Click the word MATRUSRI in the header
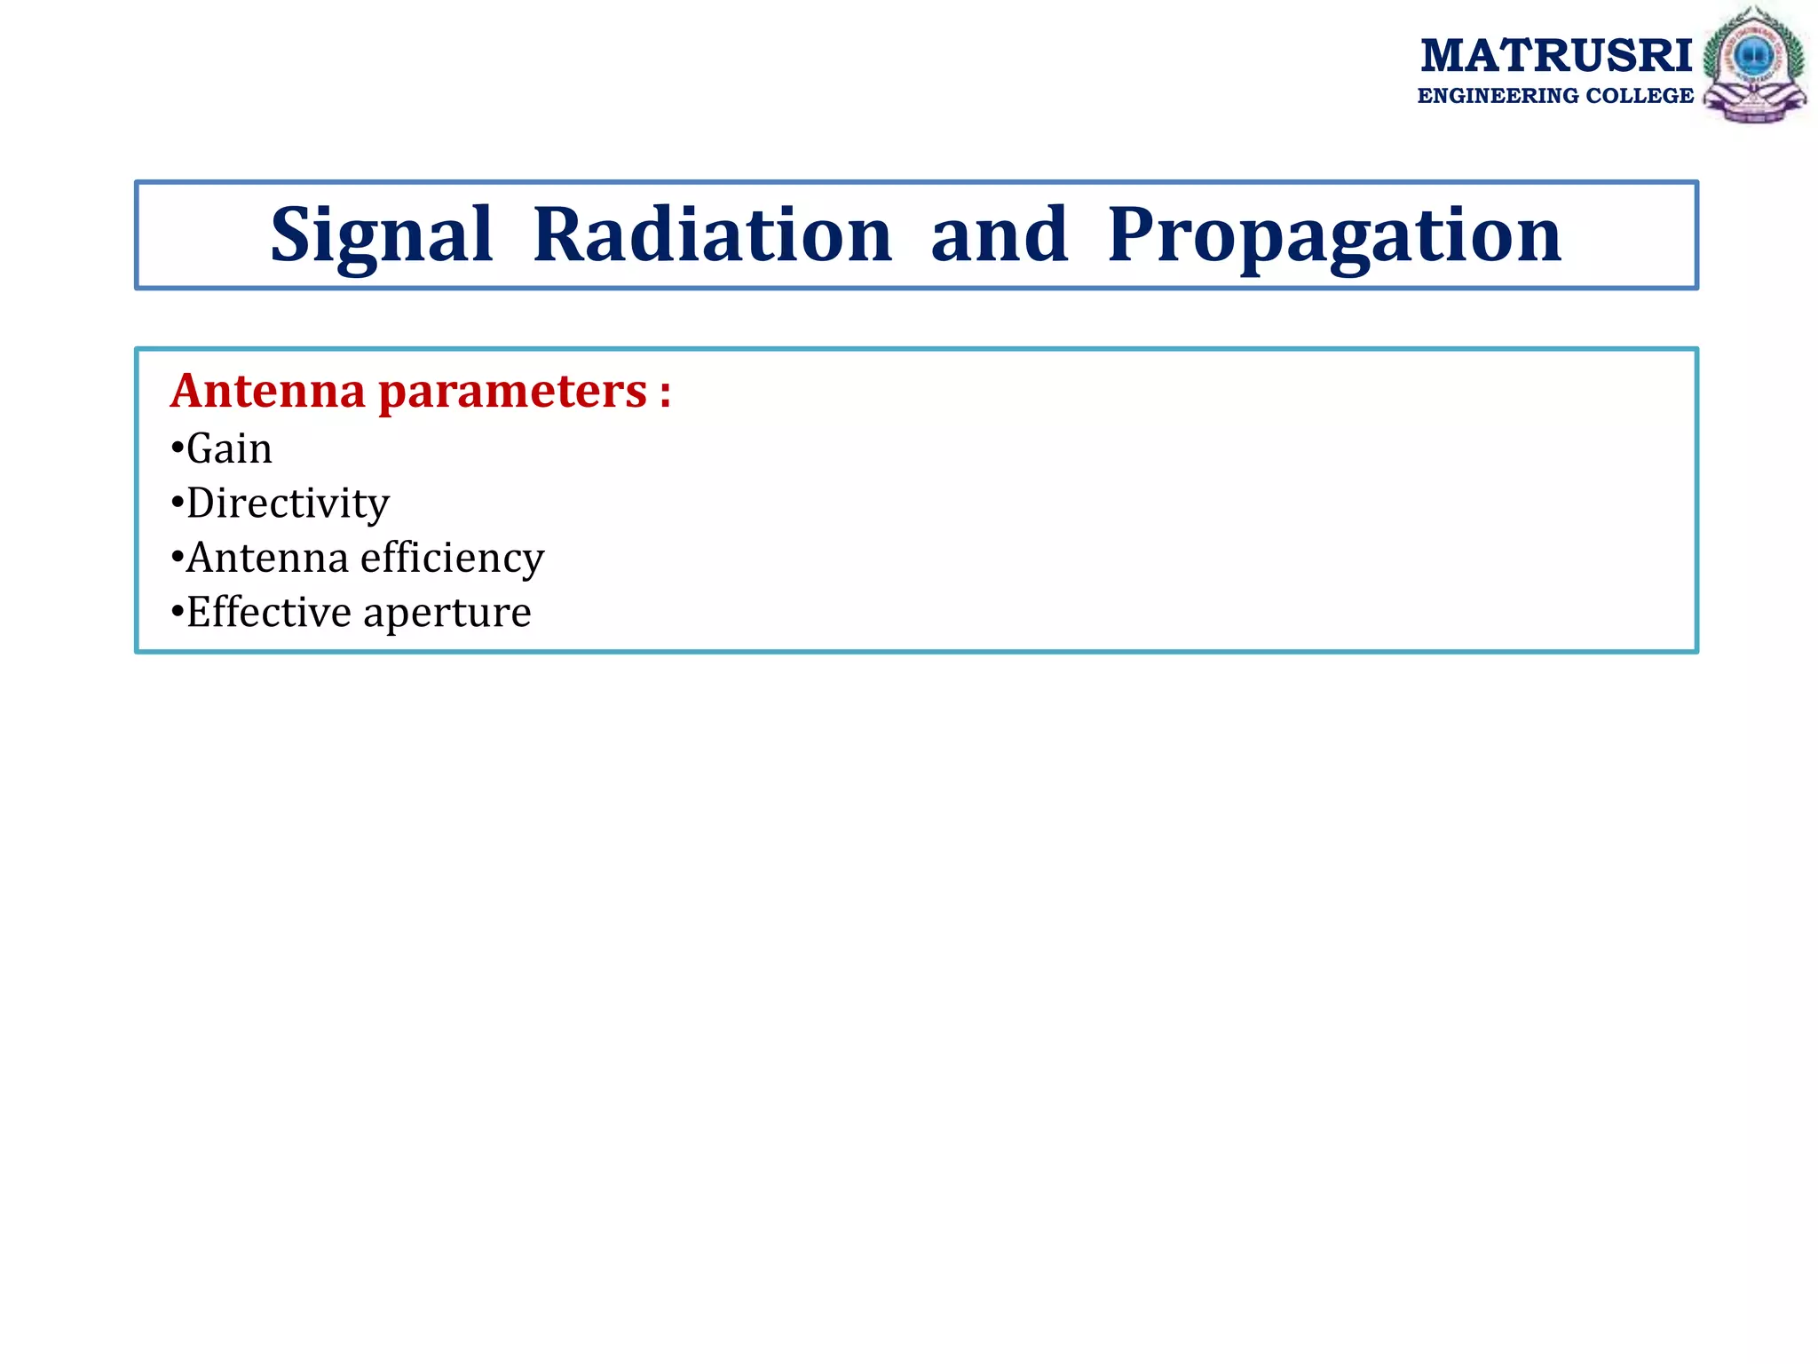[x=1555, y=56]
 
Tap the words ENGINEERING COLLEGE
[x=1555, y=96]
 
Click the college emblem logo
[x=1754, y=65]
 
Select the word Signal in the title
[x=381, y=235]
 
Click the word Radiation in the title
[x=712, y=235]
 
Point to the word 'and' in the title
[x=999, y=235]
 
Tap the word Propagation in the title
[x=1334, y=235]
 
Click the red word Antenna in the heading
[x=268, y=391]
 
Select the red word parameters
[x=513, y=393]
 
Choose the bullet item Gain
[x=229, y=448]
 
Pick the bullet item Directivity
[x=288, y=504]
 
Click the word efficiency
[x=452, y=559]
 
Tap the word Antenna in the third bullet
[x=267, y=559]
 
